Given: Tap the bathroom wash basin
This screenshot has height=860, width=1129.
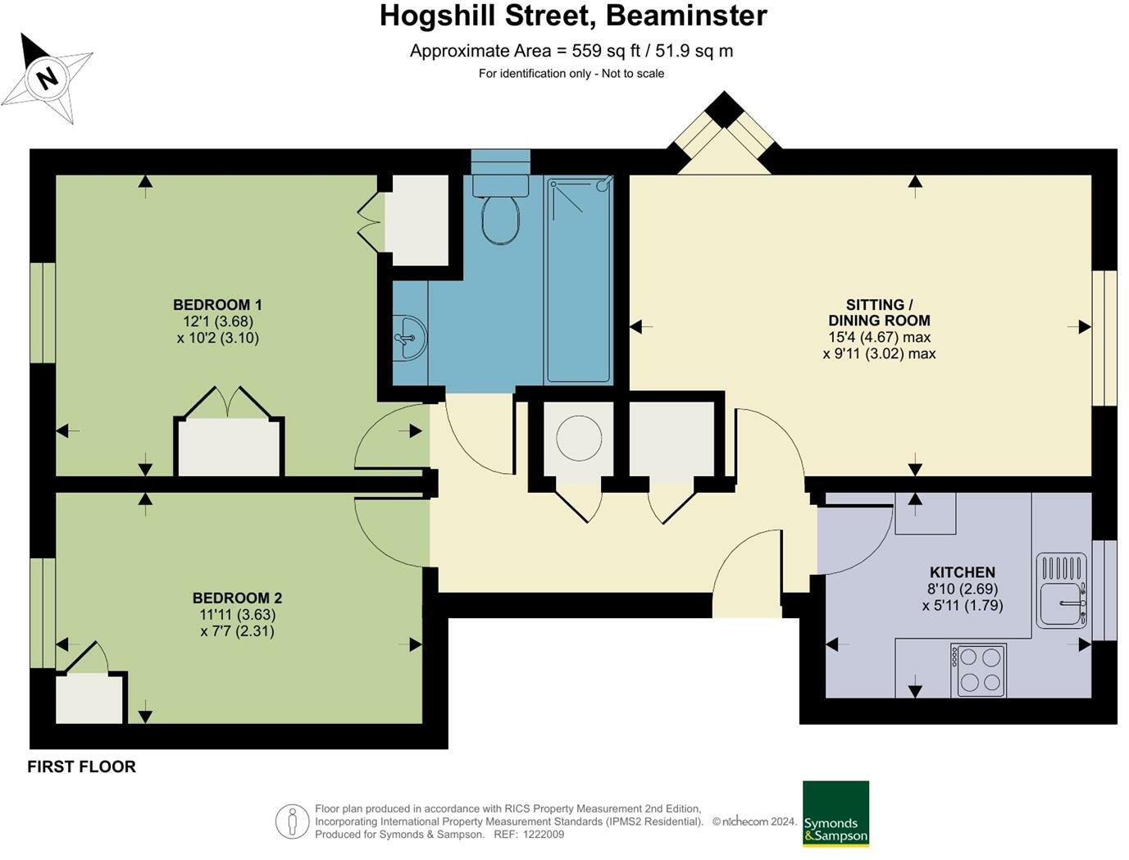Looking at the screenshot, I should coord(409,337).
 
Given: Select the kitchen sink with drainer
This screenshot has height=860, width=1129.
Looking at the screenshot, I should coord(1061,590).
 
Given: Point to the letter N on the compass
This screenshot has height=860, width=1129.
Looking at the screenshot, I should coord(48,79).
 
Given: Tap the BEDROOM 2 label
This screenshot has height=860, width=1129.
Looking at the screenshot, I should coord(237,598).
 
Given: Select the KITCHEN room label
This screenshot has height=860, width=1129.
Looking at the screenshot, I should coord(962,572).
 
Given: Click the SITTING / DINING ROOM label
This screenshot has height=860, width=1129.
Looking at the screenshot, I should coord(879,312).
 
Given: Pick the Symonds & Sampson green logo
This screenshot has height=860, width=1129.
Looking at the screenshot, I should coord(835,813).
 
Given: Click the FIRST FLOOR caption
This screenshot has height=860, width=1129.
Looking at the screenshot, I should coord(81,767).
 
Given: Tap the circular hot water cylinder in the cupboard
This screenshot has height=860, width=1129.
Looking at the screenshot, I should coord(579,437).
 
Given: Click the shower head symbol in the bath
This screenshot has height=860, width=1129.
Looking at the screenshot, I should coord(603,185).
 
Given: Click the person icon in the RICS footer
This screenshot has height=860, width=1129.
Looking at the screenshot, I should coord(292,821).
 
